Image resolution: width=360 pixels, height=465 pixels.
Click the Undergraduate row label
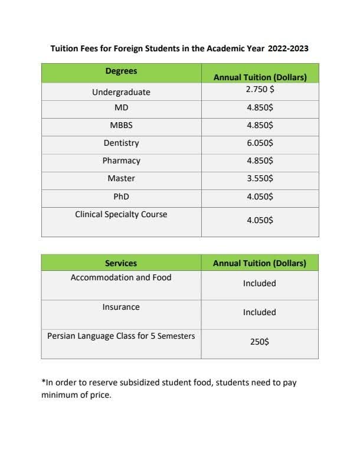coord(121,93)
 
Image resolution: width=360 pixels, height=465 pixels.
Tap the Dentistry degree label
coord(121,143)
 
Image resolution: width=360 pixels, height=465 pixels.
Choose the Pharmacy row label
coord(121,161)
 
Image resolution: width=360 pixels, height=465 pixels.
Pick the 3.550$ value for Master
coord(260,178)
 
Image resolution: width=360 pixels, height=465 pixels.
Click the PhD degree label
coord(121,195)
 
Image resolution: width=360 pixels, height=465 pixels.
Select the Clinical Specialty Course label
coord(121,214)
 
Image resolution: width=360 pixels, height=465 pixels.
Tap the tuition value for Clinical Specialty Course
coord(260,220)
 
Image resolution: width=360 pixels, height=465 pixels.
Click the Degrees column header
coord(121,71)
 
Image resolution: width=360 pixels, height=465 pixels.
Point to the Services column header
coord(121,263)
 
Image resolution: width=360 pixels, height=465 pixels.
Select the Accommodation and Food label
coord(121,277)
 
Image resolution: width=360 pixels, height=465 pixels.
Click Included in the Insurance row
coord(260,312)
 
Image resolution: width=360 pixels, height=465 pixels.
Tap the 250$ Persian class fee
coord(260,342)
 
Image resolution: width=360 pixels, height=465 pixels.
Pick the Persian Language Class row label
coord(121,336)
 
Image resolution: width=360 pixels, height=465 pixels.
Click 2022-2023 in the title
coord(288,48)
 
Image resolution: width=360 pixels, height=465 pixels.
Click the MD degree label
coord(121,109)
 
